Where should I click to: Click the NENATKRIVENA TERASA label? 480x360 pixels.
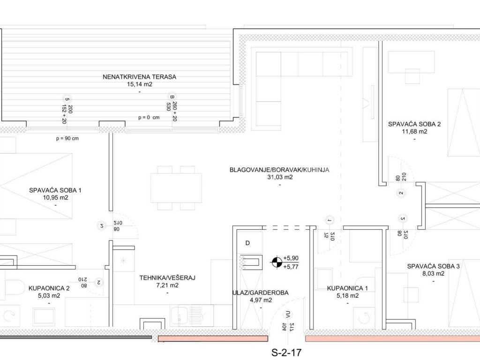click(139, 77)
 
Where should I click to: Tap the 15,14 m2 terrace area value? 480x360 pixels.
click(140, 84)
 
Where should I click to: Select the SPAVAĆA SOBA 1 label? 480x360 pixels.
click(55, 190)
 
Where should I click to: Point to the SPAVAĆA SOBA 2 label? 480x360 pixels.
click(414, 124)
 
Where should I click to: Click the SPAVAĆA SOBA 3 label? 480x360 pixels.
click(434, 266)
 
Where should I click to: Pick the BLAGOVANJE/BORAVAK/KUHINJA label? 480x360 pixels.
click(279, 170)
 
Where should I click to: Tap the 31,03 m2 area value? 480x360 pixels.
click(280, 177)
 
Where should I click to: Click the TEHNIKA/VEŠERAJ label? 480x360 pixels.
click(167, 278)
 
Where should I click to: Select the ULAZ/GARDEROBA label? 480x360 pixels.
click(261, 292)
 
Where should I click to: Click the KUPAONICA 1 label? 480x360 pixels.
click(347, 288)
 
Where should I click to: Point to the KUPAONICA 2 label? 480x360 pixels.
click(49, 288)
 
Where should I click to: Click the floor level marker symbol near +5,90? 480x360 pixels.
click(277, 262)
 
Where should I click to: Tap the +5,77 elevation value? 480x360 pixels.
click(291, 267)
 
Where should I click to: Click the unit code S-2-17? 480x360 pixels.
click(286, 352)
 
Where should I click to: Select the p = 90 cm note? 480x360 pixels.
click(67, 138)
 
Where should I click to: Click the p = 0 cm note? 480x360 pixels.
click(149, 117)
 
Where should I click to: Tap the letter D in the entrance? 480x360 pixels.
click(247, 243)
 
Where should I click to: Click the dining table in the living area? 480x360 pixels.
click(176, 188)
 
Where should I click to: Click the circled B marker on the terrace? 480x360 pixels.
click(172, 97)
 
